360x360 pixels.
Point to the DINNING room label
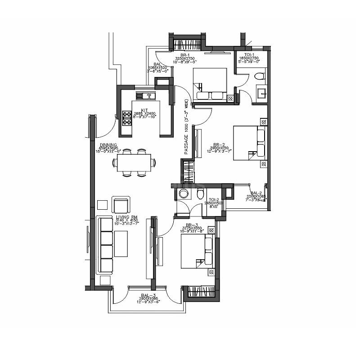108,145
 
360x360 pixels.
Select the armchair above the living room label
120,205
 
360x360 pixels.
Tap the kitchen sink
145,95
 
